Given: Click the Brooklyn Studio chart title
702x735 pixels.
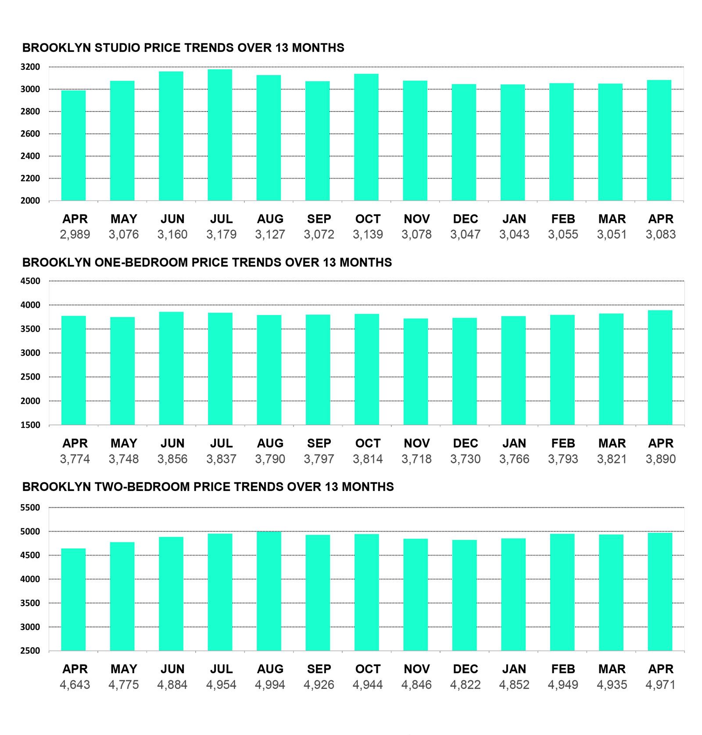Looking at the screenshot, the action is (183, 48).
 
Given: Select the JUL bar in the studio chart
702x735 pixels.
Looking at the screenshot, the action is (220, 135).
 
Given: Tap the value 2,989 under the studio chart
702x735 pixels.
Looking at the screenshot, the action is (75, 234).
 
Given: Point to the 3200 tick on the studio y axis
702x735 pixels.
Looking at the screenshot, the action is (30, 67).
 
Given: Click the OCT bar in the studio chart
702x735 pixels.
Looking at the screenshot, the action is (366, 137).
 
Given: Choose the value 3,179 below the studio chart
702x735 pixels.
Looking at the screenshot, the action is (221, 234).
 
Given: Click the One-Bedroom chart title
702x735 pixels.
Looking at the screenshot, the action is (207, 262).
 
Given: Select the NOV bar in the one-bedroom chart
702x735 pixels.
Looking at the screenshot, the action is (416, 372).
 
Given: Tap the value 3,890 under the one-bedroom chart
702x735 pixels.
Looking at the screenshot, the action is (661, 459).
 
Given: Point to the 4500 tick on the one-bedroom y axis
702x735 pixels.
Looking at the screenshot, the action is (30, 281).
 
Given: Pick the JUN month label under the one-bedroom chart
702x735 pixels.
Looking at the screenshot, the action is (172, 443).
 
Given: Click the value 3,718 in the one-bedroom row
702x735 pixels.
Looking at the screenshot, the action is (416, 459).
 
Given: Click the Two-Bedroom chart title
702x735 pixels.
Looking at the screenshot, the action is (208, 487).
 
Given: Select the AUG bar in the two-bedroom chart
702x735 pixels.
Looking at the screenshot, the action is (269, 591).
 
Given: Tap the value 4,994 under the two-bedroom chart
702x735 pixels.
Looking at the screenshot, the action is (270, 685).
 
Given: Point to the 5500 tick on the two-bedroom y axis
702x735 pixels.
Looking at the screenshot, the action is (30, 508).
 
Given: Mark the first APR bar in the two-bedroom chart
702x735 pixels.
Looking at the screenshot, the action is (74, 599).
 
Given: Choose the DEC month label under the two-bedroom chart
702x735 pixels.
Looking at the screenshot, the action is (466, 669).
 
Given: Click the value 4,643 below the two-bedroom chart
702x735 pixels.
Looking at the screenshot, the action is (75, 685).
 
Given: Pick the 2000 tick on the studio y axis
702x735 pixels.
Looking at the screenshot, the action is (30, 201).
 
